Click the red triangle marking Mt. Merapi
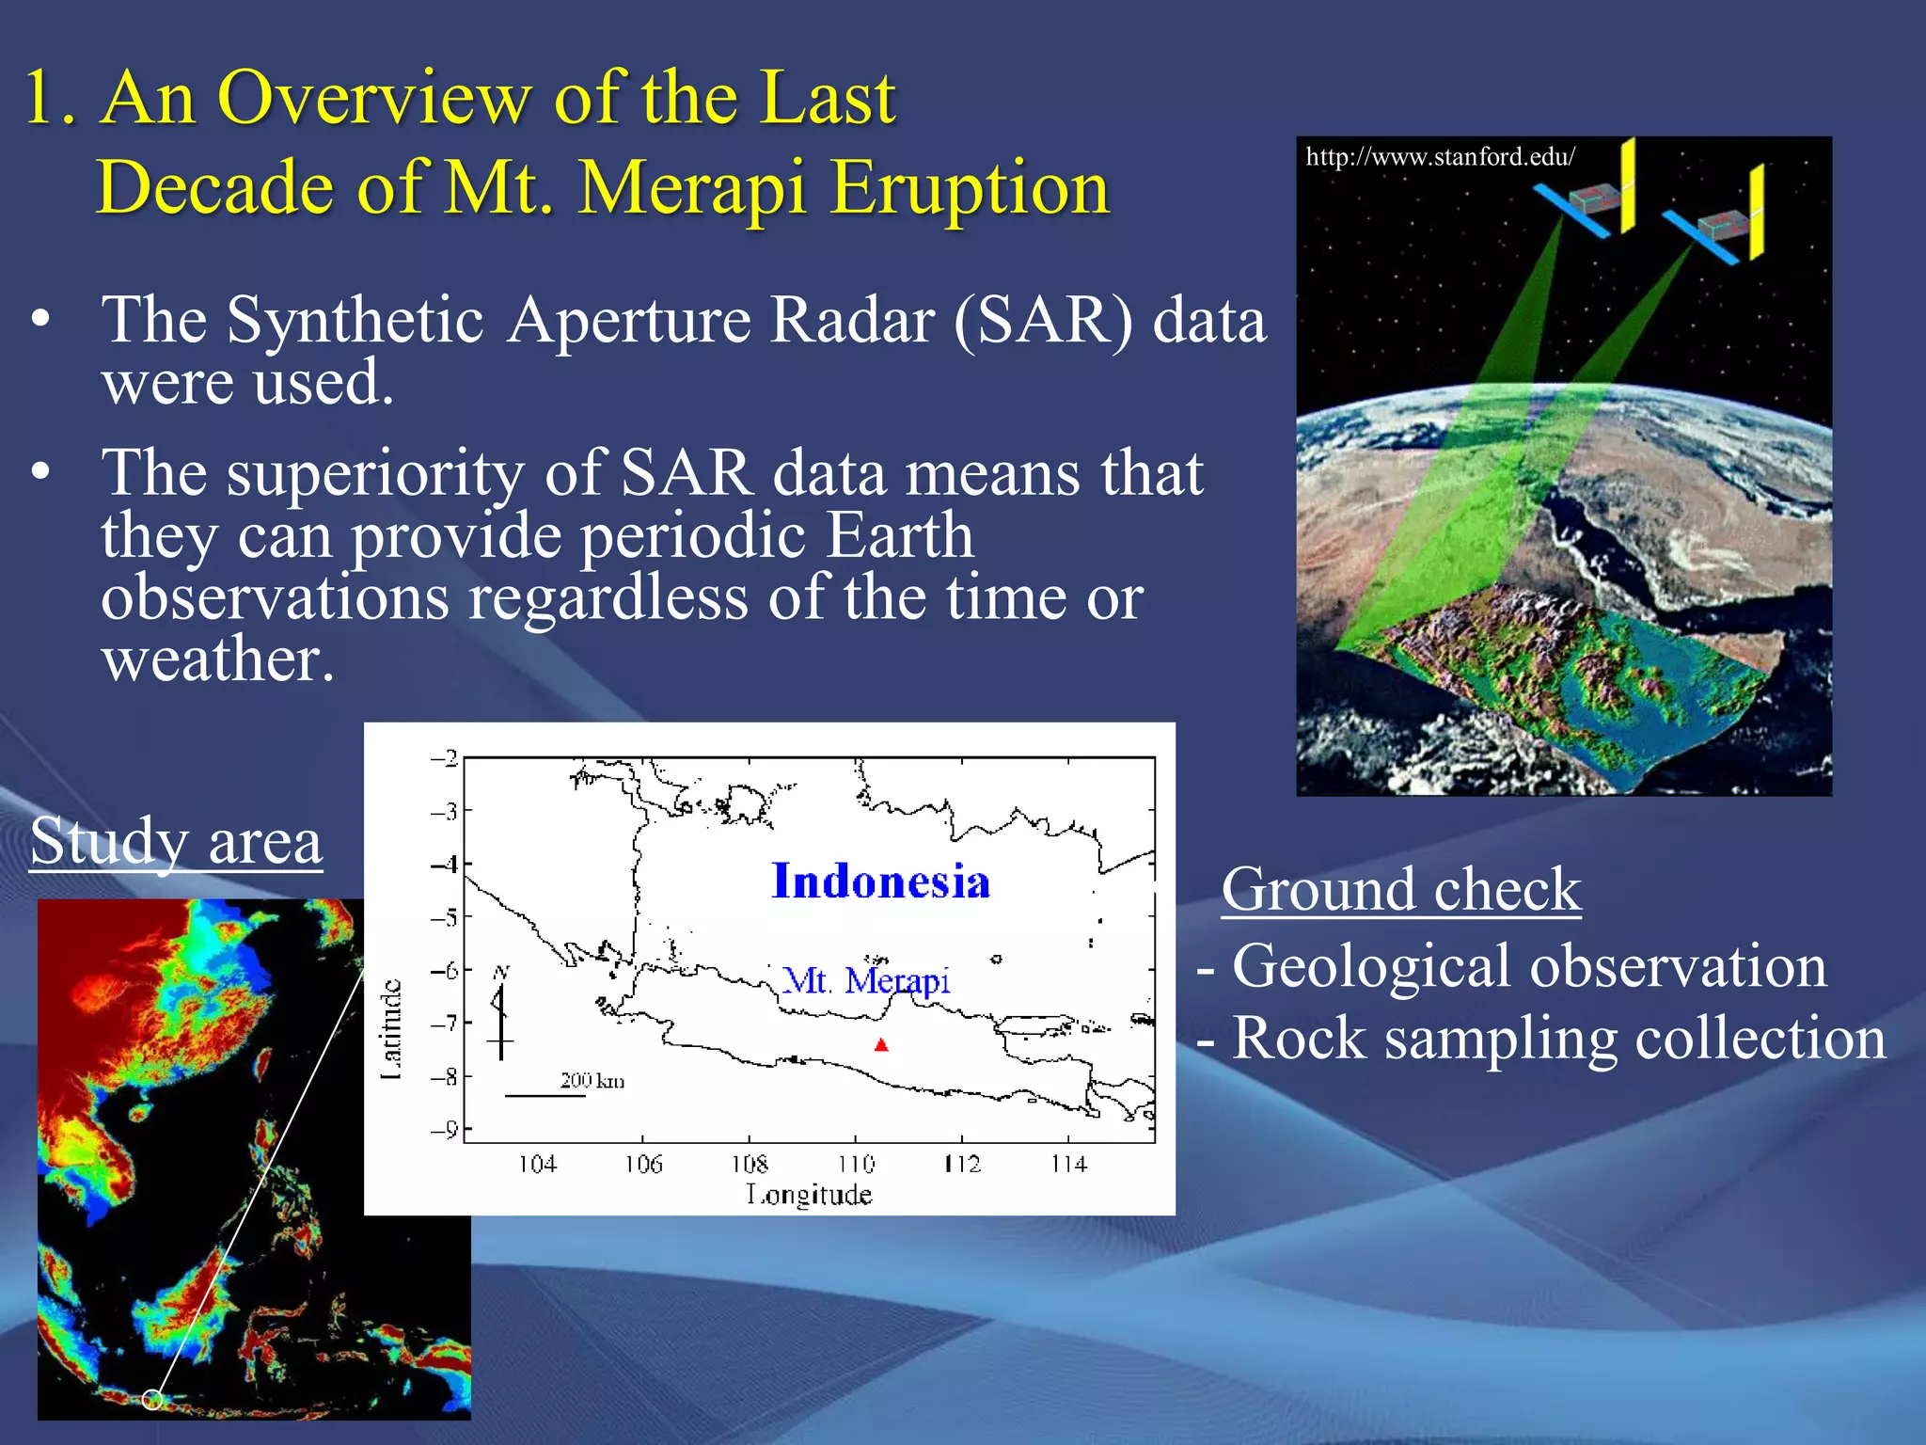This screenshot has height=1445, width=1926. point(880,1044)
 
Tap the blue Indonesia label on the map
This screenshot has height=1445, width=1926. point(880,881)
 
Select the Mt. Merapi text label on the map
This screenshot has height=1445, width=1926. point(866,980)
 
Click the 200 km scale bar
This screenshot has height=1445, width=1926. point(545,1095)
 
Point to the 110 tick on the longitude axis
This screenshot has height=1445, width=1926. point(856,1164)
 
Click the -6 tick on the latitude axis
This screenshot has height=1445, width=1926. point(445,969)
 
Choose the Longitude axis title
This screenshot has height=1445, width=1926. point(809,1195)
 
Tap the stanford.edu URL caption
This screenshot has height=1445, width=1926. point(1440,156)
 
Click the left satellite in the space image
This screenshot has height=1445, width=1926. point(1589,200)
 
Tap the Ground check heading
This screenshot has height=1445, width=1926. point(1400,889)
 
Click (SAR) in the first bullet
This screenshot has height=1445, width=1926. point(1044,321)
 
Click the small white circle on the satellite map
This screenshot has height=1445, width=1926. point(152,1400)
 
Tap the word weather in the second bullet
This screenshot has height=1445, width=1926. point(217,659)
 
